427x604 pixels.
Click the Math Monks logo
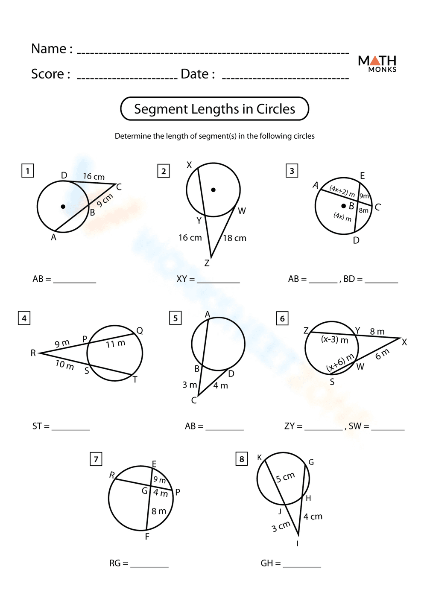click(377, 63)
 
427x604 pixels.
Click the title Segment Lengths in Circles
click(214, 109)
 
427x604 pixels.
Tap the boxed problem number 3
click(292, 171)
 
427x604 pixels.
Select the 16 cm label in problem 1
click(94, 176)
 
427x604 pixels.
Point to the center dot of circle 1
click(63, 207)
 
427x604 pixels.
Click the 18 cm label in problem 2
click(234, 238)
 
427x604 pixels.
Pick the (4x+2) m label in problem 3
click(342, 191)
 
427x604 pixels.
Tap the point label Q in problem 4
click(140, 331)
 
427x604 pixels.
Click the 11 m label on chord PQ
click(115, 344)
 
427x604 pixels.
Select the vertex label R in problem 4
click(33, 353)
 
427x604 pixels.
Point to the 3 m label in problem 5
click(190, 385)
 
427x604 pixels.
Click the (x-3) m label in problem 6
click(334, 340)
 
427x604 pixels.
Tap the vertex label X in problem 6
click(404, 342)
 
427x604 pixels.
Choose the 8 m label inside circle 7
click(159, 511)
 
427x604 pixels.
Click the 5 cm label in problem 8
click(285, 477)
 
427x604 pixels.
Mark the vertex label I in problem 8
click(297, 543)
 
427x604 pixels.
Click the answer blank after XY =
click(218, 280)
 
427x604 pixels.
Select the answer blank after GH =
click(301, 564)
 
